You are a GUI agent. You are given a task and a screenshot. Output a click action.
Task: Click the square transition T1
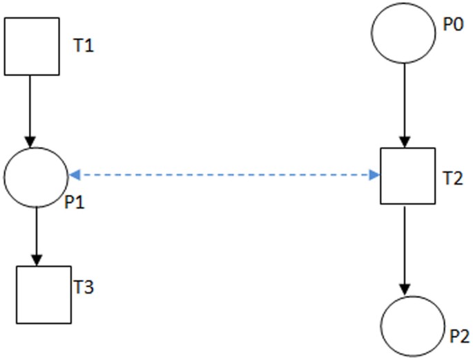point(31,46)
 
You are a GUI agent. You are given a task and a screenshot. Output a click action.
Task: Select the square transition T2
point(407,176)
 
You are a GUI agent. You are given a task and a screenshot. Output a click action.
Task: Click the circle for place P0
point(404,32)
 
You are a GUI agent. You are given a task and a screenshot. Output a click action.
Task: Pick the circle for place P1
point(35,176)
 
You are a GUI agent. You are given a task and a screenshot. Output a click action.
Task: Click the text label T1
point(83,47)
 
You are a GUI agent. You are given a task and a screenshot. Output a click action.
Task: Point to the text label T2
point(453,178)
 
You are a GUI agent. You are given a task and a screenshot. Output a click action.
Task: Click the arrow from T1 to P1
point(30,111)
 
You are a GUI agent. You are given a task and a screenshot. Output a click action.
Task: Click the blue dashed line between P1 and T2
point(224,175)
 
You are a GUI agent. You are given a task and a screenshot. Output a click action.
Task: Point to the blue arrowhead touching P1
point(73,175)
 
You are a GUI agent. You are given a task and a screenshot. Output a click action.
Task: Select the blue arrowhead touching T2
point(374,175)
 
